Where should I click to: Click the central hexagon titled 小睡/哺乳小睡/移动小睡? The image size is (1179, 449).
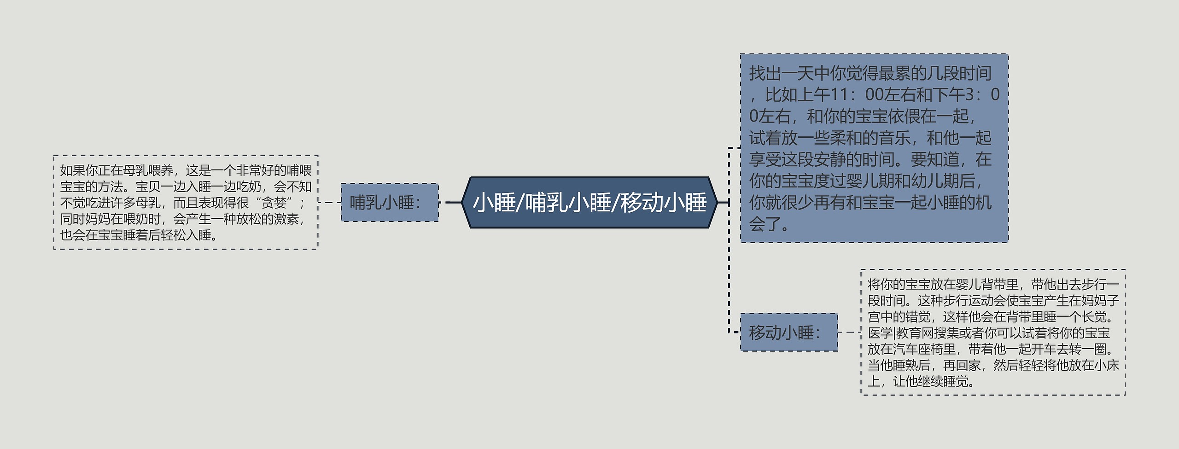(589, 203)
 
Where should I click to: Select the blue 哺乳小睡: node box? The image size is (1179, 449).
(390, 203)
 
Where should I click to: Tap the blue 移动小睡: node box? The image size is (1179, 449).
(788, 332)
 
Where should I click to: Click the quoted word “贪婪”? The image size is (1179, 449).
(274, 203)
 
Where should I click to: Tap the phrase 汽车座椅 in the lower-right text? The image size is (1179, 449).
(930, 349)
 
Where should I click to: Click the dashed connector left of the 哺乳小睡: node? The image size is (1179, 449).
(330, 202)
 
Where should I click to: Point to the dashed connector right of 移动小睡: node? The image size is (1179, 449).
(849, 332)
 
